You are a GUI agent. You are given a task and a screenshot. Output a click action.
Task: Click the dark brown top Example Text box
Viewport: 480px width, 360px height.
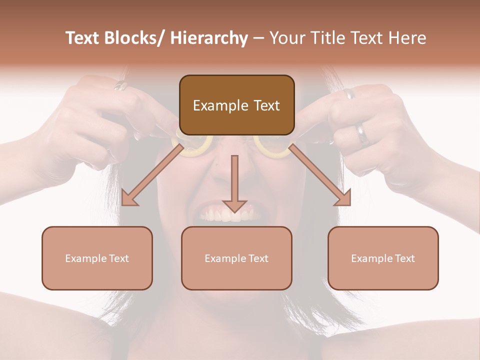click(236, 105)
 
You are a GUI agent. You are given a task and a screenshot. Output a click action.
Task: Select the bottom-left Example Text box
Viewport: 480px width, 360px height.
click(97, 258)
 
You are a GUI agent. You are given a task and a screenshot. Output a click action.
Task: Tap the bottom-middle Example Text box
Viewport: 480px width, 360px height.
click(236, 258)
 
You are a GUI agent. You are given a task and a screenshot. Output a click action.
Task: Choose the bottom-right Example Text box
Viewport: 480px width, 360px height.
click(383, 258)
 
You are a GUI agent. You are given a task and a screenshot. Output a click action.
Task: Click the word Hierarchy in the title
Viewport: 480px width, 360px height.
click(209, 38)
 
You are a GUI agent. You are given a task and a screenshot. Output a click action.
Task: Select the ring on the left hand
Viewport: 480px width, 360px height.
click(121, 86)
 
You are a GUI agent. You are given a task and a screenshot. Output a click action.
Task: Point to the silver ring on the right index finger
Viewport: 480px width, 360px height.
click(348, 93)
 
